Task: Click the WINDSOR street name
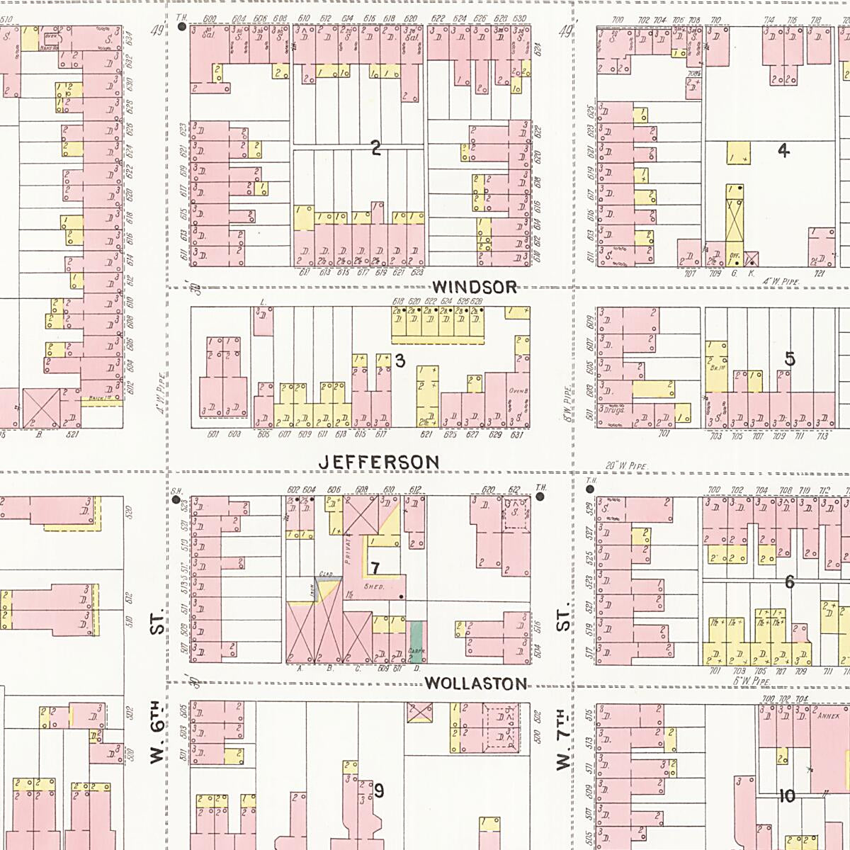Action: [475, 287]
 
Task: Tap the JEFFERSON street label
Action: [379, 462]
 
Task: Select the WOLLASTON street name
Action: [476, 684]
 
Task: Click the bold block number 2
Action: [376, 148]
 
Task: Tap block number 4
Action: [783, 150]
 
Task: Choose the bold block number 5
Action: [789, 359]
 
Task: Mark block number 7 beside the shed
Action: [375, 568]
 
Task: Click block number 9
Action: [379, 790]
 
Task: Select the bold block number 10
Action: [787, 796]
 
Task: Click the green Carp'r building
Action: [416, 641]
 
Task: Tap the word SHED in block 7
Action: [373, 586]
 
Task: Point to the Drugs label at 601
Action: [610, 409]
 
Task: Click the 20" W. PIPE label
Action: [628, 465]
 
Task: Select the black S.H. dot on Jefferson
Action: [176, 500]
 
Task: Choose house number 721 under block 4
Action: [820, 273]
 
